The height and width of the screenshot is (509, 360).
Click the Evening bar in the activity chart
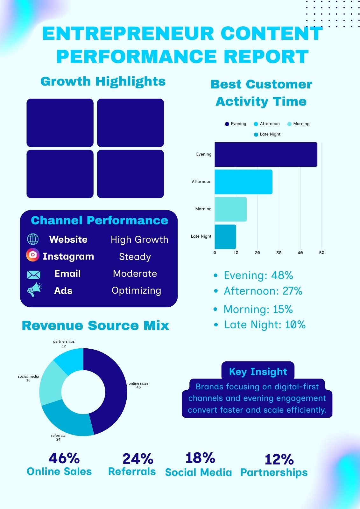coord(266,155)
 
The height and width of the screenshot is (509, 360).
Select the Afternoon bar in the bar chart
coord(244,182)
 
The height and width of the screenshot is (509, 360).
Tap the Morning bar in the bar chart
coord(230,209)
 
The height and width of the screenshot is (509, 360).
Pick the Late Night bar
coord(225,237)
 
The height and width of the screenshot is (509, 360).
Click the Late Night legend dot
coord(256,135)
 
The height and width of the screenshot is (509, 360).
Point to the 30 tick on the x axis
coord(279,253)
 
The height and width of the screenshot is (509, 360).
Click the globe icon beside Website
coord(33,239)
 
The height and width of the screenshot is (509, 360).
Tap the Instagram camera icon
coord(33,255)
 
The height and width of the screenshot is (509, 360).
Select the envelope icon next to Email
coord(34,275)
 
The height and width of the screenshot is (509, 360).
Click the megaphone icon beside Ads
coord(34,289)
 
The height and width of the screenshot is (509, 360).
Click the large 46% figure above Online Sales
coord(64,458)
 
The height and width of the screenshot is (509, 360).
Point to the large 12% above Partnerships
coord(279,459)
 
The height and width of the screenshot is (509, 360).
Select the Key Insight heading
coord(258,372)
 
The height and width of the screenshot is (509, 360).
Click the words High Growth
coord(140,240)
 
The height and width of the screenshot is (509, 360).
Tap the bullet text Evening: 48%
coord(258,275)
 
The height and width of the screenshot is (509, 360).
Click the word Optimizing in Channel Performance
coord(137,291)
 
